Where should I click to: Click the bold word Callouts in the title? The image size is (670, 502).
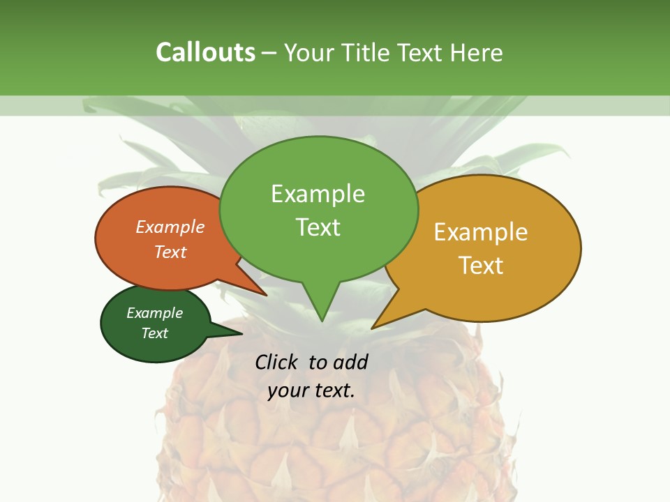pos(205,52)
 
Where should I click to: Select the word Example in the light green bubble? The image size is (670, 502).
pos(318,194)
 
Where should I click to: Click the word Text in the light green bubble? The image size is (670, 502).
pos(318,227)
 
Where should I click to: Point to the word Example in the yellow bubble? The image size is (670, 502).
pos(481,232)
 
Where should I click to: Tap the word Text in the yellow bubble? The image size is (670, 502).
pos(481,266)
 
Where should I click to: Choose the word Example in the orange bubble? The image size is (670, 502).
pos(170,227)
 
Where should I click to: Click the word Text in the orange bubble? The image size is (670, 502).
pos(170,252)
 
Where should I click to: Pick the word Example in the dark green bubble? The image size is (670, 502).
pos(154,313)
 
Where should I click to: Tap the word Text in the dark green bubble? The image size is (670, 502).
pos(154,333)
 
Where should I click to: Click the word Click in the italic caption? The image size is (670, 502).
pos(278,362)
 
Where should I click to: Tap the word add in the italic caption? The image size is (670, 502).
pos(350,362)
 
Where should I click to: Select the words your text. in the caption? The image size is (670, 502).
pos(311,390)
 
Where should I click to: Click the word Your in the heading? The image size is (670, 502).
pos(310,52)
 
